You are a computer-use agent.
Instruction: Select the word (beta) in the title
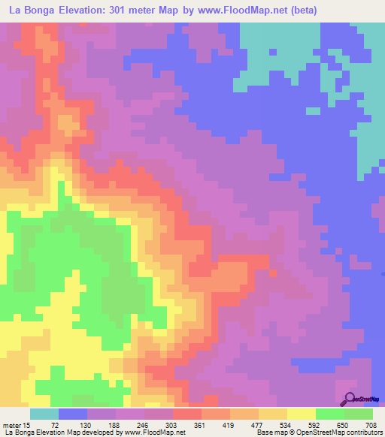click(x=300, y=11)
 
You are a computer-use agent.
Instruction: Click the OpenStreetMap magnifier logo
click(x=350, y=399)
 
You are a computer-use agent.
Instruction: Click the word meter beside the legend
click(x=14, y=424)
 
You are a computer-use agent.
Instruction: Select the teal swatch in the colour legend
click(x=44, y=414)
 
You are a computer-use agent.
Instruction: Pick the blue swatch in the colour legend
click(x=73, y=414)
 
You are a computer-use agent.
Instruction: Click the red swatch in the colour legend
click(x=187, y=414)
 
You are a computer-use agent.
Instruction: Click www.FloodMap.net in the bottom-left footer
click(x=158, y=433)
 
